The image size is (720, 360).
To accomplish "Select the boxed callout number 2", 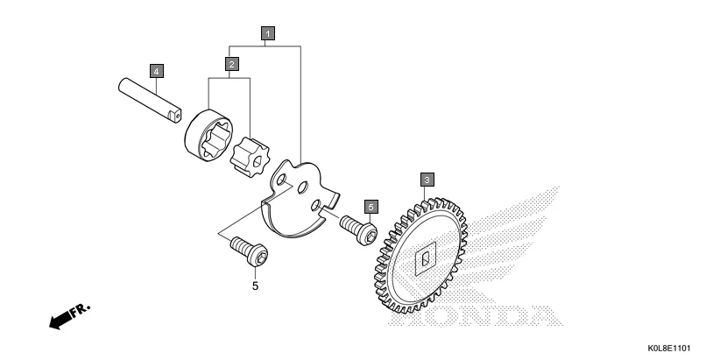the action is click(x=231, y=64).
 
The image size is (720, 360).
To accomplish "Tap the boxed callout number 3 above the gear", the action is click(x=426, y=180).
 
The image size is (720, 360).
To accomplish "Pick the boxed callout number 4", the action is click(x=156, y=69).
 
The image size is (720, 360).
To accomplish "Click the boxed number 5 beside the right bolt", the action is click(x=371, y=207).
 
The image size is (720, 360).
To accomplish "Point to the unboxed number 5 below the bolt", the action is click(x=255, y=286).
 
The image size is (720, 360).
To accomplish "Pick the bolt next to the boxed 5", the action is click(x=359, y=229).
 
